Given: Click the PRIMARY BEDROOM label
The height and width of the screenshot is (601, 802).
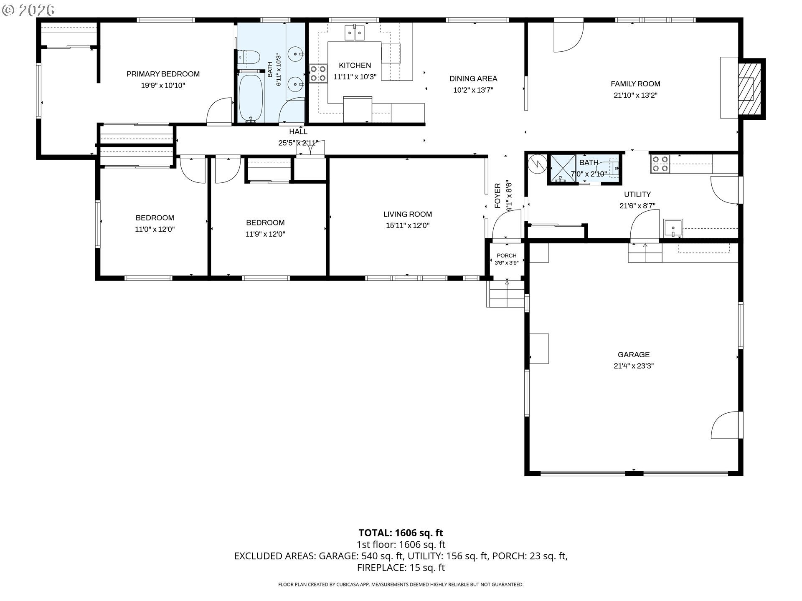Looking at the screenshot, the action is tap(163, 74).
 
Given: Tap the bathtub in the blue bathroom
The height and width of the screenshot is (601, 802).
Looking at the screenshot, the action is tap(251, 98).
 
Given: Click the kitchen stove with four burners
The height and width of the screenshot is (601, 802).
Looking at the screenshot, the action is tap(318, 73).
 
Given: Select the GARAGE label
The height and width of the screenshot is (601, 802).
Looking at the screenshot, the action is tap(634, 355).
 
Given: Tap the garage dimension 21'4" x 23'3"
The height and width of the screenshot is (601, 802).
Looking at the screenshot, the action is tap(634, 366).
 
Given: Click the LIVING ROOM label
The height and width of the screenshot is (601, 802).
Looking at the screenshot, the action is tap(408, 214).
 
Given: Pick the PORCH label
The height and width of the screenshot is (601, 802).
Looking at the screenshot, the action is tap(507, 255).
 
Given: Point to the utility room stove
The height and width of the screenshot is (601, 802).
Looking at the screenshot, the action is tap(660, 164).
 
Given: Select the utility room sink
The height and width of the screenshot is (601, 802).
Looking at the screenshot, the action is tap(673, 228).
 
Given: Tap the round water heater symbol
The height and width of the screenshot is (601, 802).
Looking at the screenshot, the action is tap(537, 164).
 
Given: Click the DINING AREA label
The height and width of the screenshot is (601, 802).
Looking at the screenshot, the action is tap(473, 78).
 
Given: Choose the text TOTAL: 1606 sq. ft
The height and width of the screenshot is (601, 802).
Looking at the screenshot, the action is tap(401, 533).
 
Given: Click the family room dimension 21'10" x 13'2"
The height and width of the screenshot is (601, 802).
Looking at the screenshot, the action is tap(635, 95).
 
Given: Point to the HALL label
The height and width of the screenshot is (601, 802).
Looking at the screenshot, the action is tap(298, 131).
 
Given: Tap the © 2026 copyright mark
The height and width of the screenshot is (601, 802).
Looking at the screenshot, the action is tap(28, 10).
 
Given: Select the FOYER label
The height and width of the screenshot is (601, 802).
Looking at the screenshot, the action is tap(497, 196).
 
